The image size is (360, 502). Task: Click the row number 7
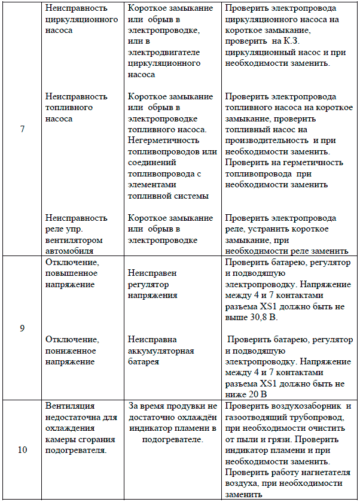(x=22, y=129)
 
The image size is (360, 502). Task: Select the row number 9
(x=22, y=328)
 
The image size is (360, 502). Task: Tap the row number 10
(x=22, y=451)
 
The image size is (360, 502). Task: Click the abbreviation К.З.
(x=292, y=41)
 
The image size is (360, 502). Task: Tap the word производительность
(x=263, y=141)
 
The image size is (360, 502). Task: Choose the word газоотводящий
(x=254, y=418)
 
